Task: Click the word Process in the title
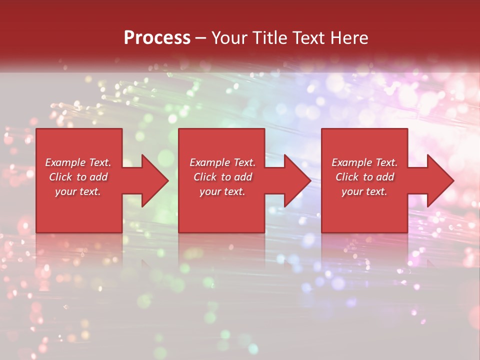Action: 157,38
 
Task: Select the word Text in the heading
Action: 309,38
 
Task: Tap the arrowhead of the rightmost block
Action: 439,180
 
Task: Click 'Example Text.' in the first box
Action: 78,162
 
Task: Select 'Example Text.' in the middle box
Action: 222,162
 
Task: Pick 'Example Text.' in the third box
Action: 364,162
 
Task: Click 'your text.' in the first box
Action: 78,191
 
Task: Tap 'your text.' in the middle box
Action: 222,191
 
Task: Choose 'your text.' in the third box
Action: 364,191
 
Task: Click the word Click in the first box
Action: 60,177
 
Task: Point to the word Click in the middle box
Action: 204,177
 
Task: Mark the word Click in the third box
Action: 346,177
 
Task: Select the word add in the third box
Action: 385,177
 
